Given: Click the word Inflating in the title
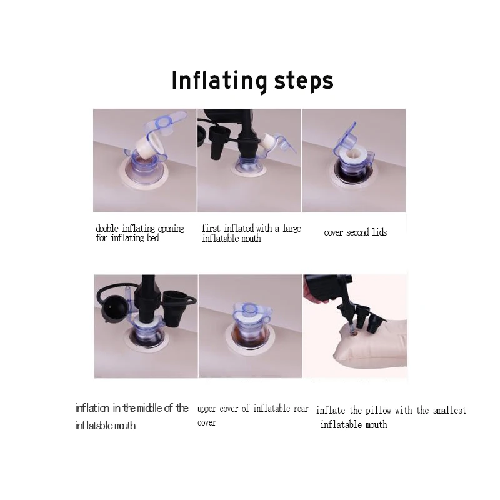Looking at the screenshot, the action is pos(219,81).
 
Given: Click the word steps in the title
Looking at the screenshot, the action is pos(304,81).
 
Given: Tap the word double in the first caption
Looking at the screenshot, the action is pos(107,229).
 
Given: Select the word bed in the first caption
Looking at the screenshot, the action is pos(152,238).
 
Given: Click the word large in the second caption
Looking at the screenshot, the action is pos(292,229).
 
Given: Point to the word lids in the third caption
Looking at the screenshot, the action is pos(379,232).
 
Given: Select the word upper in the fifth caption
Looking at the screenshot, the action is pos(207,409).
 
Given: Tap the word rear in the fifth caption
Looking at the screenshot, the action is pos(301,409).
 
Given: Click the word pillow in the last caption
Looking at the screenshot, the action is pos(379,411).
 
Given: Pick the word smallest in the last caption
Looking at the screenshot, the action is pos(449,410).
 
